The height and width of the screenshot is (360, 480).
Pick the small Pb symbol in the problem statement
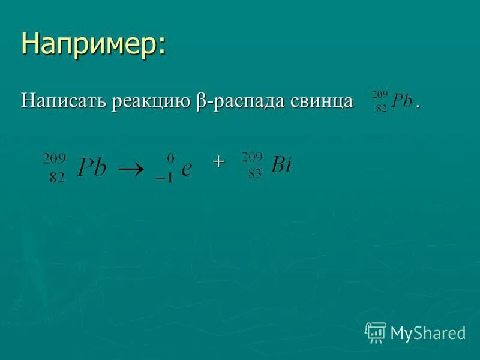(401, 101)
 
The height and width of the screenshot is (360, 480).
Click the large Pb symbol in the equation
(91, 169)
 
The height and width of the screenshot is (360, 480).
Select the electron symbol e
(186, 170)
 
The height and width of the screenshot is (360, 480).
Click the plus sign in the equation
(219, 161)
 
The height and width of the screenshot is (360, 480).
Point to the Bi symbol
(280, 165)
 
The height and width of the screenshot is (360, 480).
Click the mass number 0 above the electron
(170, 158)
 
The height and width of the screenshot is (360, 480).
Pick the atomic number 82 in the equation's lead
(56, 179)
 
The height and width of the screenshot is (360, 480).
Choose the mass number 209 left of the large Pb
(54, 158)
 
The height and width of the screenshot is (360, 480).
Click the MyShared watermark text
(428, 333)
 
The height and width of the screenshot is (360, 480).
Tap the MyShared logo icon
(376, 332)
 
